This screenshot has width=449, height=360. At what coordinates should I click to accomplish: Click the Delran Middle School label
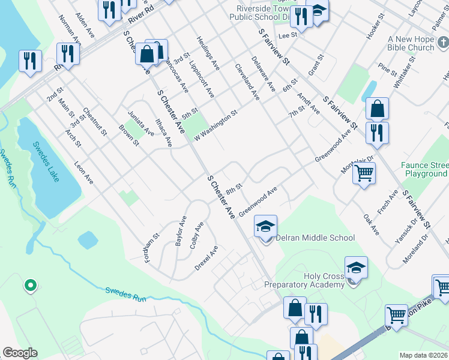pos(315,238)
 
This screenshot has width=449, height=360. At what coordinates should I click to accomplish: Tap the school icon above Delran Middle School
pos(265,226)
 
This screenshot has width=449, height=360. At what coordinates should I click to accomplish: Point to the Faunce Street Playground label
pos(426,169)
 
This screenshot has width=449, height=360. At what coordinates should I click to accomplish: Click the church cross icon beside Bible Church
pos(443,43)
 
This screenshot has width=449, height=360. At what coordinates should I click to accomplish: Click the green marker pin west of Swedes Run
pos(29,285)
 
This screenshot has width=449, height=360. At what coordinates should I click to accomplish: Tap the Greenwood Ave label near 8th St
pos(258,202)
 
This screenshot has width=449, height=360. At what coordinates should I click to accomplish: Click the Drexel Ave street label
pos(206,257)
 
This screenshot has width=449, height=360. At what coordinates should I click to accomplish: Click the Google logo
pos(20,353)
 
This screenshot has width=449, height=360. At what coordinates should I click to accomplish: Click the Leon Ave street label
pos(84,172)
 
